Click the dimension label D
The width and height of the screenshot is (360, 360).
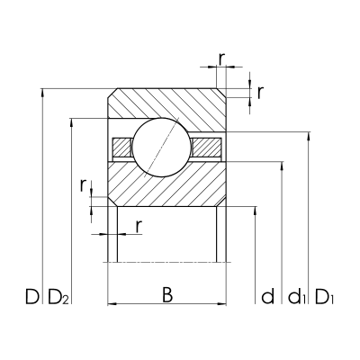(x=31, y=295)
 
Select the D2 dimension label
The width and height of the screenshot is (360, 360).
(x=58, y=296)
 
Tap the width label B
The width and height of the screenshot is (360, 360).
(x=166, y=294)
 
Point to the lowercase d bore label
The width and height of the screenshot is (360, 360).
(x=266, y=295)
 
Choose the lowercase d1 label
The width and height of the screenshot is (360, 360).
(x=294, y=295)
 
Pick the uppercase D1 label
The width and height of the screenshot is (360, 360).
(x=324, y=295)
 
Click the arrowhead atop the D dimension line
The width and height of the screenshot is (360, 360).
(x=43, y=93)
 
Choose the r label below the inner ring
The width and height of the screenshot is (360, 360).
(x=138, y=224)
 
